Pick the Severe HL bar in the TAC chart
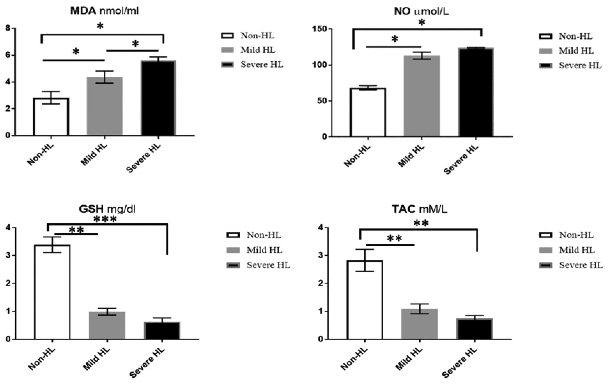click(474, 329)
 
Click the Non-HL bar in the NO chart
click(368, 113)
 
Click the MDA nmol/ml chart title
click(105, 11)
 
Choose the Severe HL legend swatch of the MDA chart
click(228, 65)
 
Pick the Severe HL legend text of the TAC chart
click(580, 265)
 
